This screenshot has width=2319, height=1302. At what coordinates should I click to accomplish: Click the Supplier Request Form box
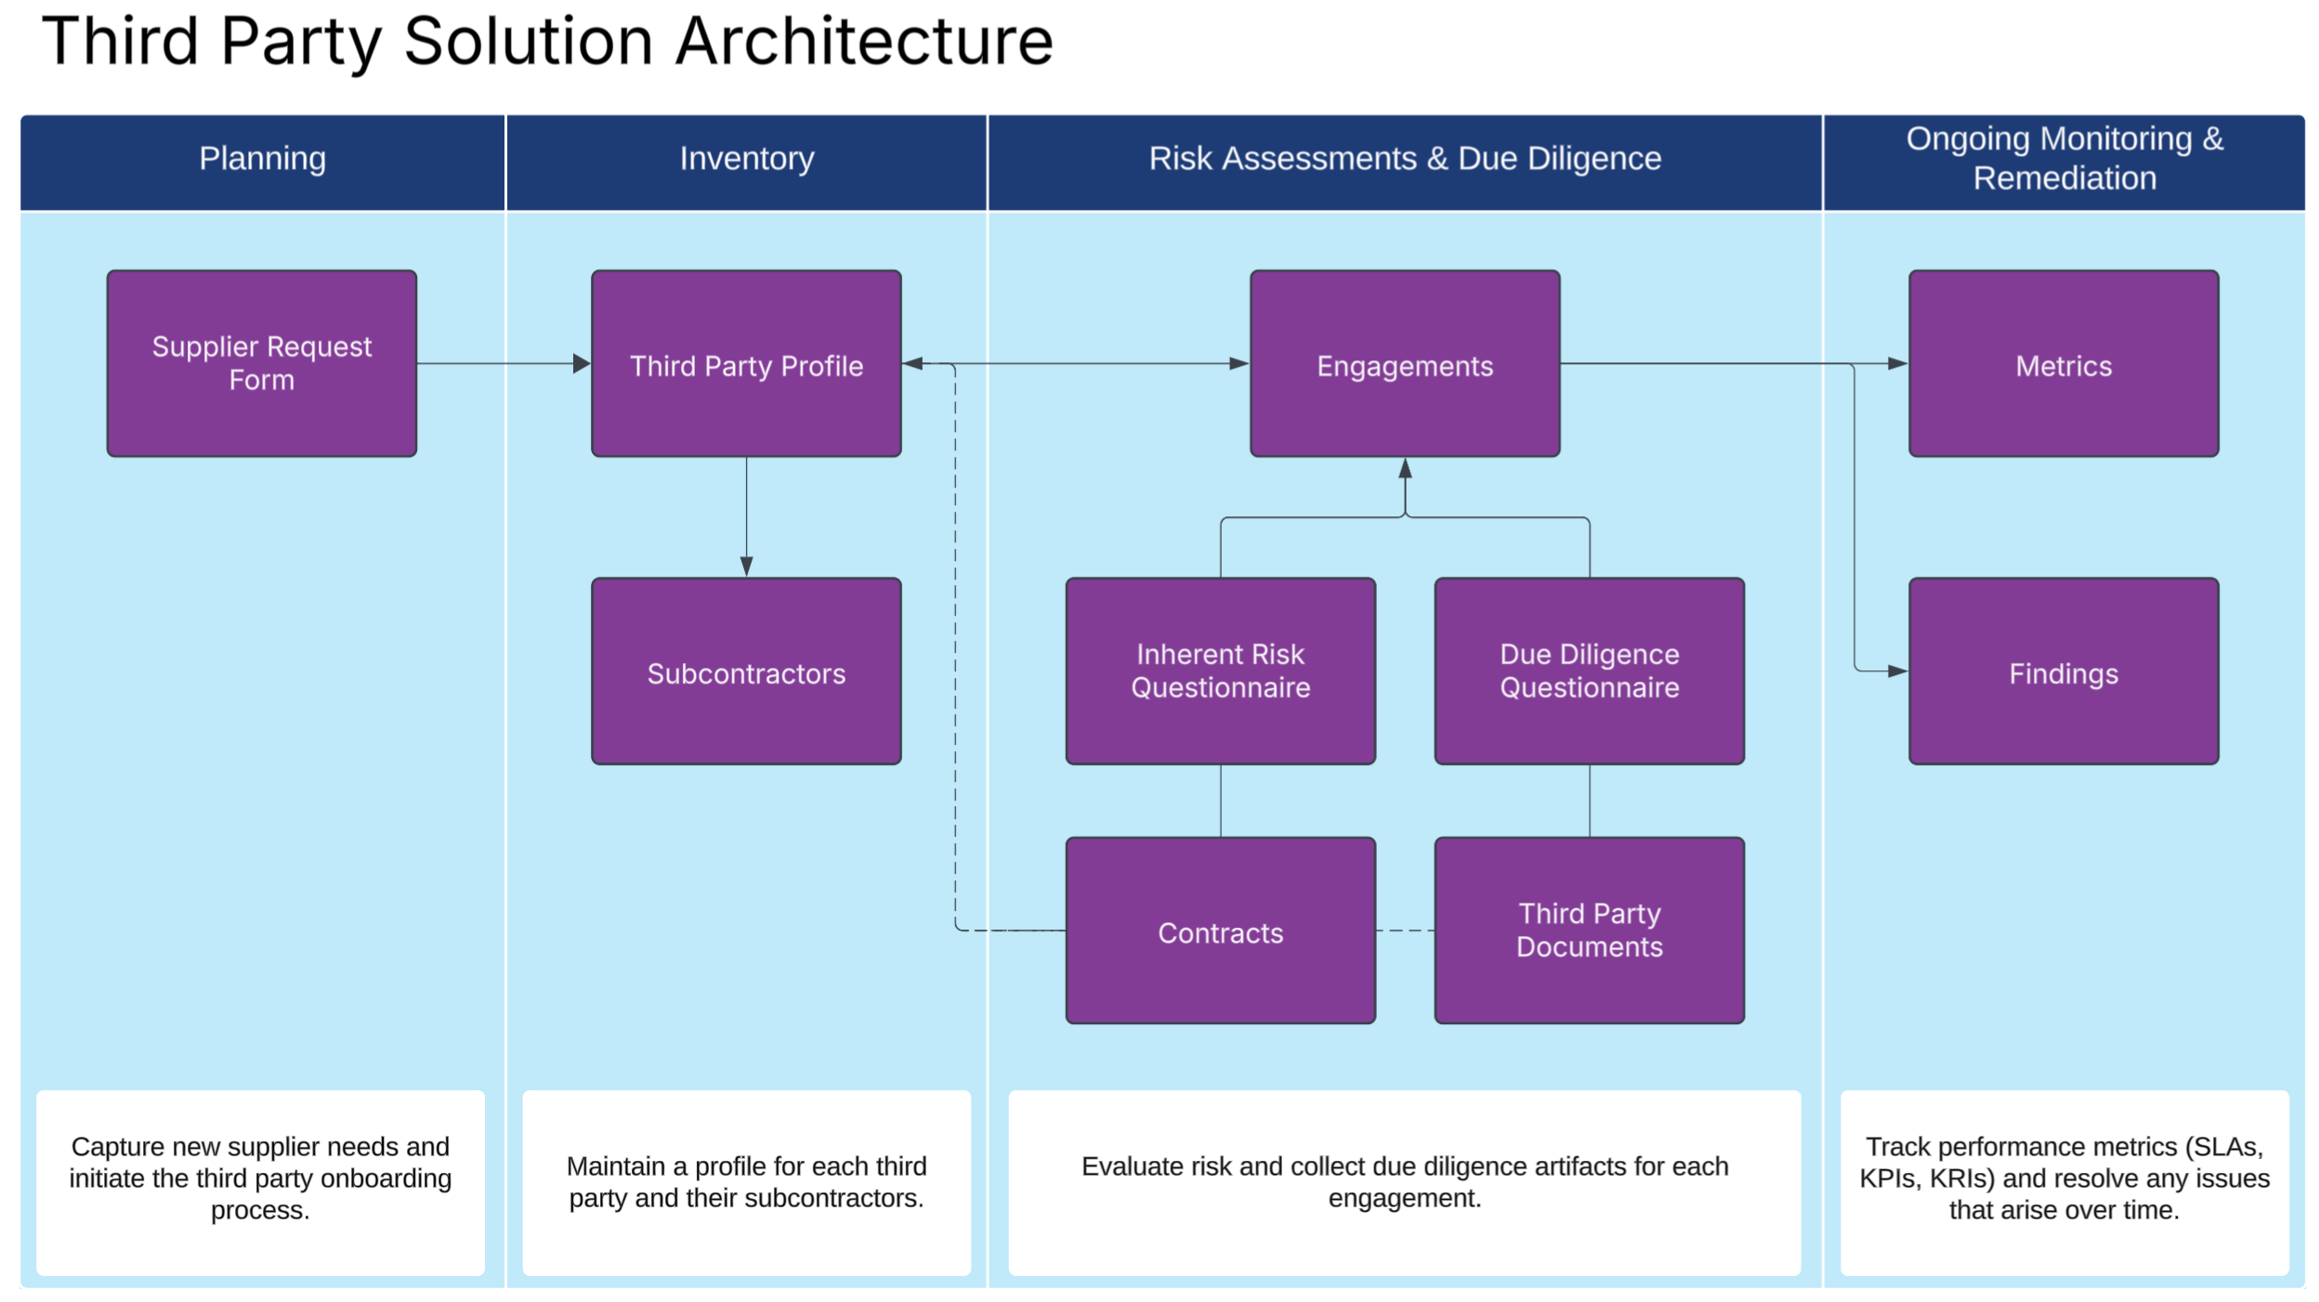(262, 363)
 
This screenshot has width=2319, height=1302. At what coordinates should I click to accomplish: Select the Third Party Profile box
(746, 363)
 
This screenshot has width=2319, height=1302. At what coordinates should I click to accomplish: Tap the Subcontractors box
(746, 671)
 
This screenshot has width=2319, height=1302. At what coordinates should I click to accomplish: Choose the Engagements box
(1405, 363)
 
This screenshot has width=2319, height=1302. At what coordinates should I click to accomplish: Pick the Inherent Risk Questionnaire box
(1221, 671)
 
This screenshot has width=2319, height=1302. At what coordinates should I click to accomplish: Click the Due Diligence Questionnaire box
(1590, 671)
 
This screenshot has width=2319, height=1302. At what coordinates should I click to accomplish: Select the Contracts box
(1221, 931)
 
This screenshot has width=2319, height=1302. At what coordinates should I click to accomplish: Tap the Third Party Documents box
(1590, 931)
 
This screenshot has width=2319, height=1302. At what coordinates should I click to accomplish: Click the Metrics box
(2064, 363)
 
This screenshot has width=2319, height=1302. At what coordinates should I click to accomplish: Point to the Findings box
(2064, 671)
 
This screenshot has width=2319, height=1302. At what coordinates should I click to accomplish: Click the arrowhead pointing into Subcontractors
(746, 566)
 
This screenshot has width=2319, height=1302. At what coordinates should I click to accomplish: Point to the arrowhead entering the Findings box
(1898, 671)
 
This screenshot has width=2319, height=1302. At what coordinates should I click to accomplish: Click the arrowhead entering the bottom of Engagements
(1405, 468)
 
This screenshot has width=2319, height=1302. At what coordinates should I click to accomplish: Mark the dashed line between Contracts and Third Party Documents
(1406, 931)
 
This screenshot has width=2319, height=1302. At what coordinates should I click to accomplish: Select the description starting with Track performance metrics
(2064, 1178)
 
